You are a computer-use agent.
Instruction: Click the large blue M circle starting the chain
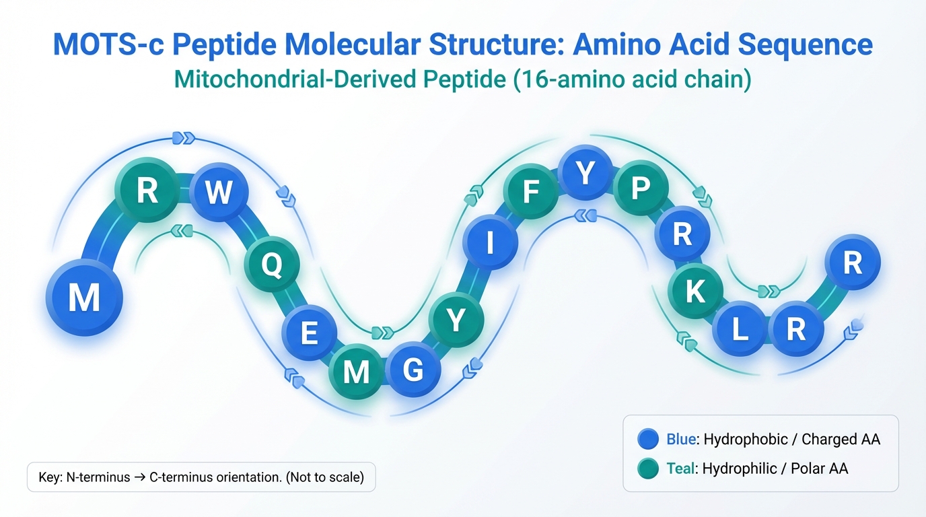(x=84, y=297)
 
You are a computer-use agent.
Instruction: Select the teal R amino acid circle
(x=147, y=191)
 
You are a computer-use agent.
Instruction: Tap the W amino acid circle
(x=218, y=193)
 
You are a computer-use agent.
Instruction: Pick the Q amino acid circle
(x=271, y=265)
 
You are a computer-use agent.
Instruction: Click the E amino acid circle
(x=309, y=333)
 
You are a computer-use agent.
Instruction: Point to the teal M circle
(x=356, y=371)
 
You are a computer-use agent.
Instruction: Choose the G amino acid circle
(x=413, y=370)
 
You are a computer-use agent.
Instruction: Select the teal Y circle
(x=456, y=320)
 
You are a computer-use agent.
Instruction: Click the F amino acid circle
(x=531, y=193)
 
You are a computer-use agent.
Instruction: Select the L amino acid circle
(x=740, y=329)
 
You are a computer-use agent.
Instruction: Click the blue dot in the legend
(x=647, y=440)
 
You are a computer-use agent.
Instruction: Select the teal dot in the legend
(x=647, y=469)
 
